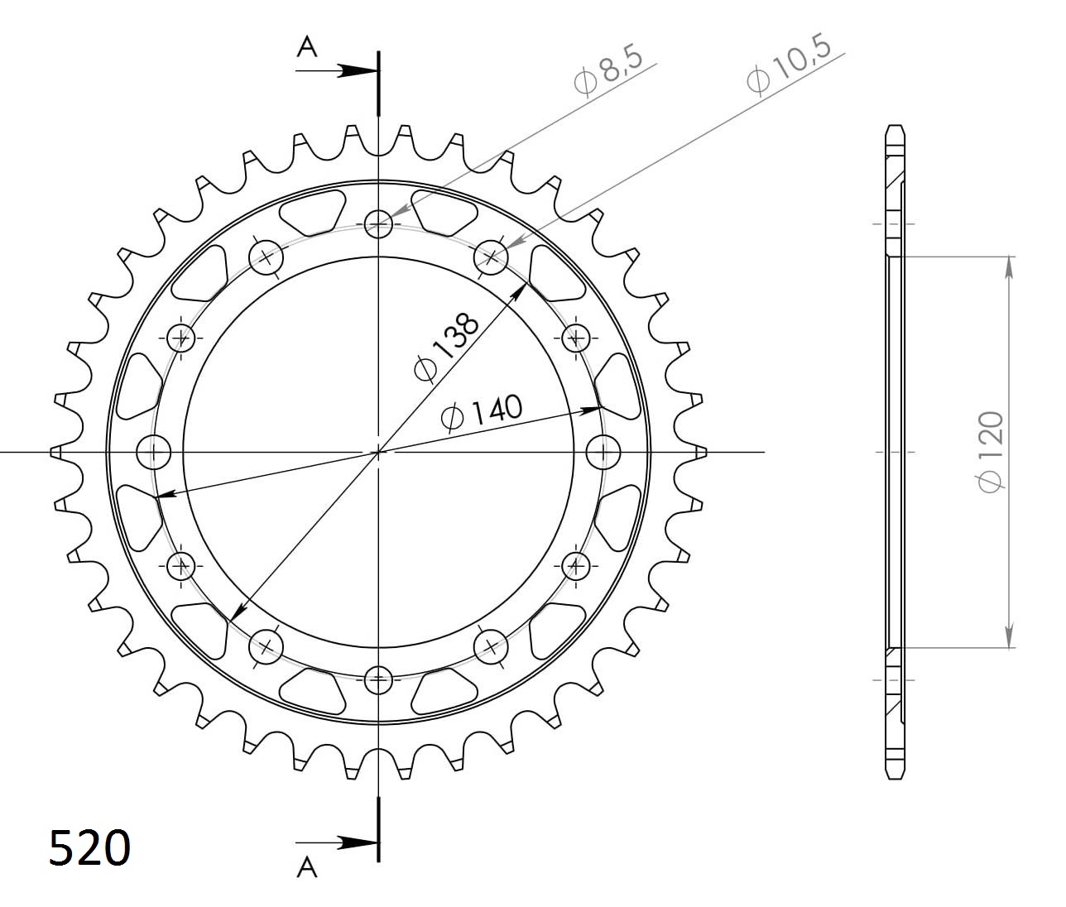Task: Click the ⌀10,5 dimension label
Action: coord(788,65)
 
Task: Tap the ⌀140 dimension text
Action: coord(483,411)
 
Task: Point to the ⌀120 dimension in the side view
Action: coord(991,452)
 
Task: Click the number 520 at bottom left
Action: coord(89,847)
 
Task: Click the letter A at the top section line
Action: coord(307,48)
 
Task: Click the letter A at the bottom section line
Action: coord(307,866)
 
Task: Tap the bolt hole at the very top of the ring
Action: coord(378,223)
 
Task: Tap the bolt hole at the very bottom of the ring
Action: coord(378,680)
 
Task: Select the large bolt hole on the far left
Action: coord(153,452)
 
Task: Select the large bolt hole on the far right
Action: coord(603,452)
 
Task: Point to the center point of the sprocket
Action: coord(378,452)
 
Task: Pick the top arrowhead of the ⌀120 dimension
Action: coord(1009,266)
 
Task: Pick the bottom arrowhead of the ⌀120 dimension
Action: coord(1009,637)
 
